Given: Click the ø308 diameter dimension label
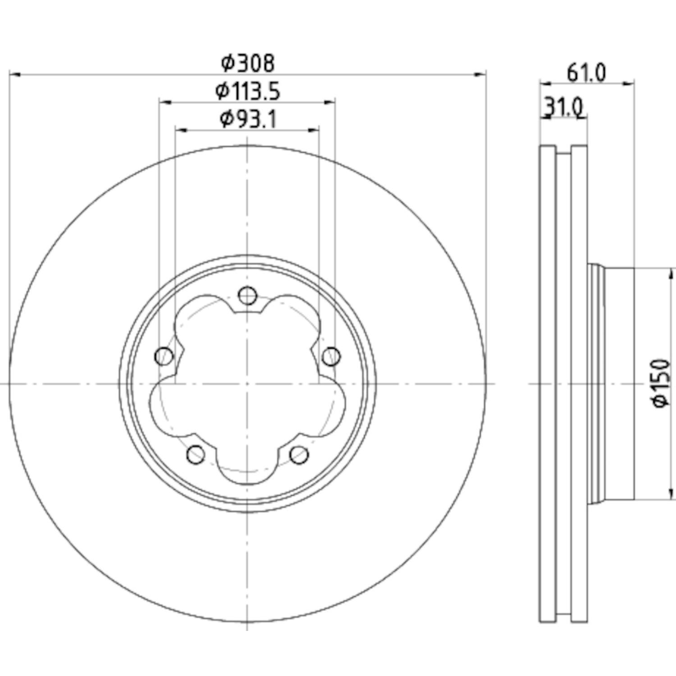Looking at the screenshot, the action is [247, 64].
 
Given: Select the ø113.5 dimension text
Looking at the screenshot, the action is [247, 91].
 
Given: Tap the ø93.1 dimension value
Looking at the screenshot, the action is [247, 119].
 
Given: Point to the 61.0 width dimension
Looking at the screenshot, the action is [586, 73].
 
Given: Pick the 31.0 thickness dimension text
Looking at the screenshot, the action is [564, 107].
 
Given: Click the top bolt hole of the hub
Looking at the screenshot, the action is [247, 296].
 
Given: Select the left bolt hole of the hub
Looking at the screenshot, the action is [164, 356].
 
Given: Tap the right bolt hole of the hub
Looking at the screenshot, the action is [331, 356].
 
